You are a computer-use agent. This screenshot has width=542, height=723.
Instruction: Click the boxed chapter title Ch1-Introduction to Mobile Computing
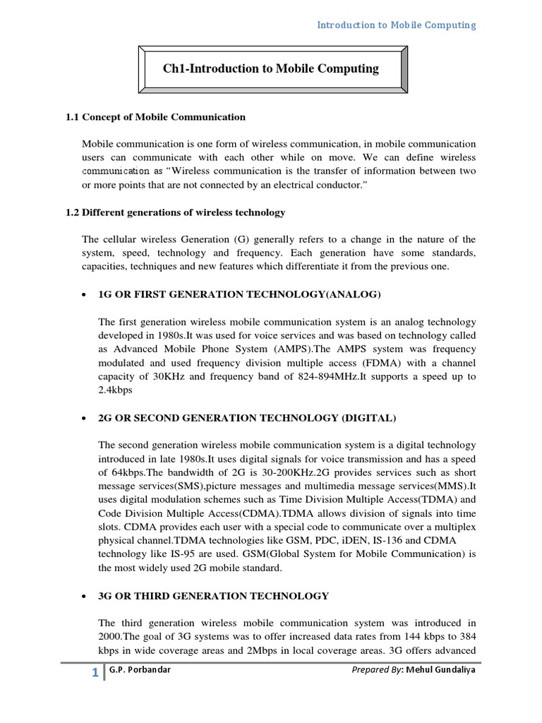pos(271,68)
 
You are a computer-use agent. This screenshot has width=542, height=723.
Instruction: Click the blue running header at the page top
pos(396,25)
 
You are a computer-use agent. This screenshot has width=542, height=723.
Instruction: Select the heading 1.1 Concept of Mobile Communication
pos(155,117)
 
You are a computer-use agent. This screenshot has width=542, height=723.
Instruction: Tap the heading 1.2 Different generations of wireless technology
pos(175,212)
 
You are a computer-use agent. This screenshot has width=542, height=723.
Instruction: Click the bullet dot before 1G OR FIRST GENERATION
pos(85,294)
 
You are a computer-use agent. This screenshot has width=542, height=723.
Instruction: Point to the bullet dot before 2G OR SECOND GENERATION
pos(85,419)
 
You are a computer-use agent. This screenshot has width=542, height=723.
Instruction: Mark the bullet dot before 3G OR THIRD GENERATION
pos(85,597)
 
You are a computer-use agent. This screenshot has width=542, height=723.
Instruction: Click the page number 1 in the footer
pos(95,673)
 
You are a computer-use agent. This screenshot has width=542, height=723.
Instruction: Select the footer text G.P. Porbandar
pos(140,670)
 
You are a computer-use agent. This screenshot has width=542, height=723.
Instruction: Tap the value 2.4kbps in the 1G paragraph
pos(116,390)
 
